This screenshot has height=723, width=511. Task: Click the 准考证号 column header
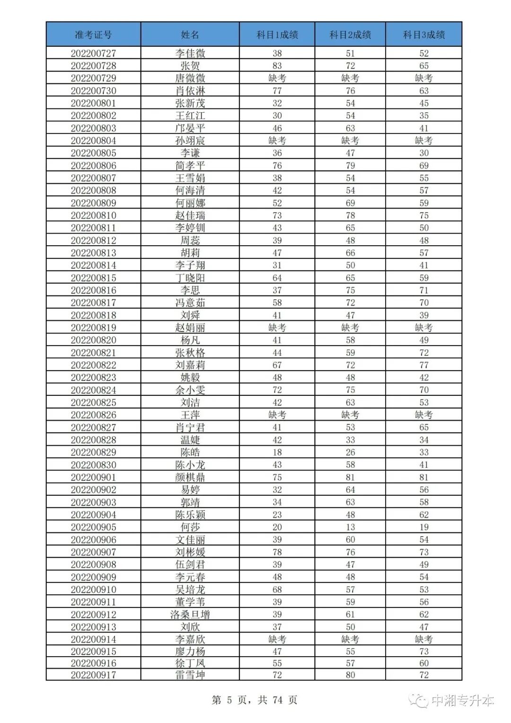(x=93, y=35)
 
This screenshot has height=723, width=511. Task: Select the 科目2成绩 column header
(x=350, y=35)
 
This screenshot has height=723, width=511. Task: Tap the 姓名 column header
(x=190, y=35)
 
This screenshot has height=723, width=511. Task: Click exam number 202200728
(x=93, y=66)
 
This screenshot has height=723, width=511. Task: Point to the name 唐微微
(x=190, y=78)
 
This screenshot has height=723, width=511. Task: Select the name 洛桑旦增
(x=190, y=615)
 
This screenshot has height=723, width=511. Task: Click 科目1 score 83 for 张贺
(x=277, y=66)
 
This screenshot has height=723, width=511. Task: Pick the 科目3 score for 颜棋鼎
(x=424, y=477)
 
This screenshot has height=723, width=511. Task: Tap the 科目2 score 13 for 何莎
(x=350, y=527)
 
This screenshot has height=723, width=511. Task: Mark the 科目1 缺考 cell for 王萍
(x=277, y=415)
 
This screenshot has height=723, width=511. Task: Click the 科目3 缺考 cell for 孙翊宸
(x=424, y=141)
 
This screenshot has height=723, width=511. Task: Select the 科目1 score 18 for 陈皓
(x=277, y=452)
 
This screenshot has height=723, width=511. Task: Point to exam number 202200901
(x=93, y=477)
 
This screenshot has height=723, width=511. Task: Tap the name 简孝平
(x=190, y=166)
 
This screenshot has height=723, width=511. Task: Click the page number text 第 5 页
(x=229, y=700)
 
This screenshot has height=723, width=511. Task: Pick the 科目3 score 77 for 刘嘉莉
(x=424, y=365)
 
